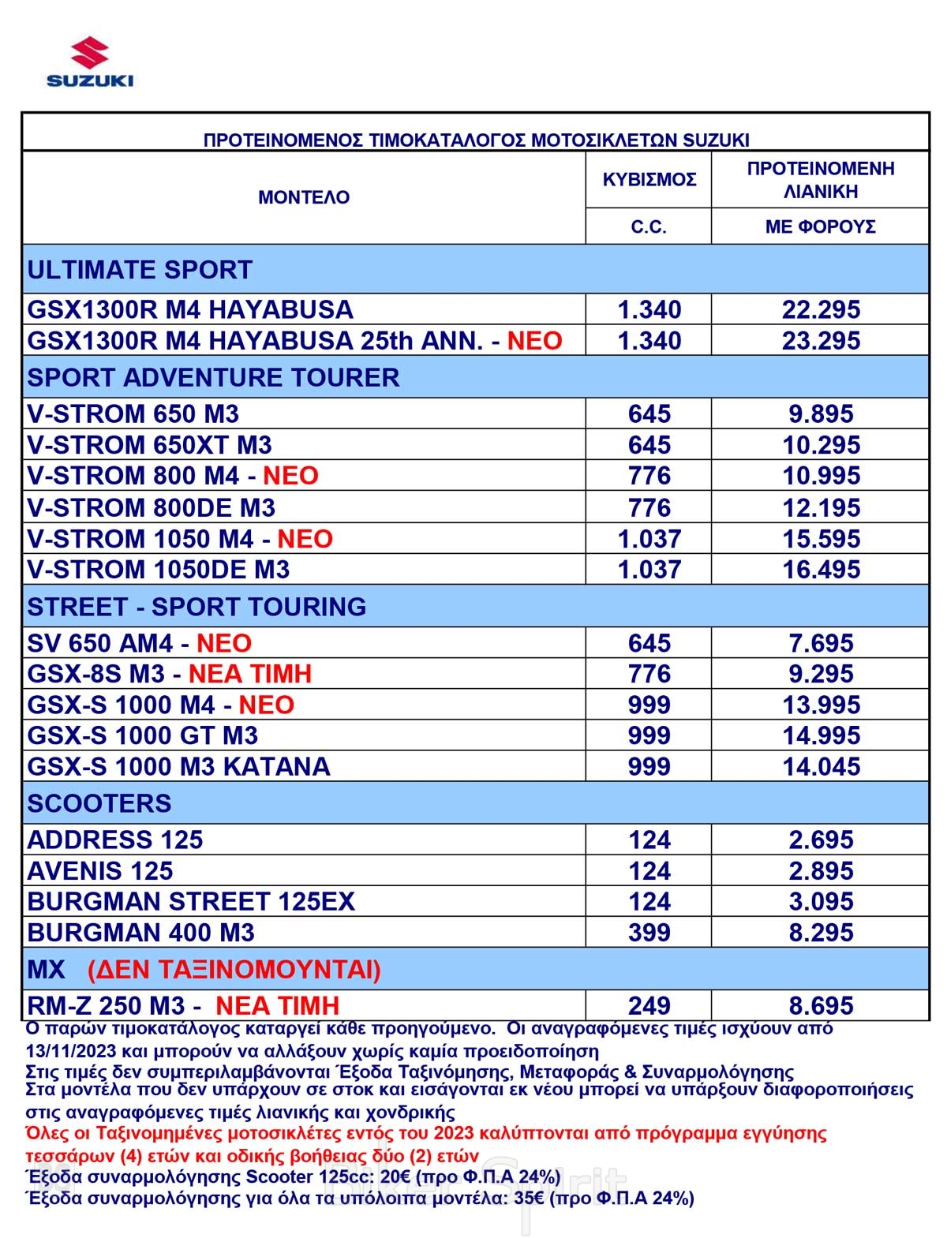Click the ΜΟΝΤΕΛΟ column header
tap(304, 197)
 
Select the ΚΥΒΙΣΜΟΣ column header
tap(649, 179)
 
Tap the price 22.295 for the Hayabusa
tap(821, 309)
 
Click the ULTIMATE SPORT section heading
tap(140, 270)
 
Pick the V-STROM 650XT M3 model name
tap(149, 445)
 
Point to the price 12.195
tap(821, 507)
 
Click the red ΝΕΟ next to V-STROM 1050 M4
tap(305, 539)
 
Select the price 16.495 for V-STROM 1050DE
tap(821, 570)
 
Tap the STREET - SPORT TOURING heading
tap(197, 607)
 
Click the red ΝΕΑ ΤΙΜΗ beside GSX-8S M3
tap(250, 674)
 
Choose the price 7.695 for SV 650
tap(821, 643)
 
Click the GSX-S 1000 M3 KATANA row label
tap(178, 766)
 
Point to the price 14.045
tap(821, 766)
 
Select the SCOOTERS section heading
tap(99, 803)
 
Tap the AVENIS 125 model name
tap(100, 871)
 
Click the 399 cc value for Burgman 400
tap(649, 933)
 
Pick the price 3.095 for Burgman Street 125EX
tap(821, 902)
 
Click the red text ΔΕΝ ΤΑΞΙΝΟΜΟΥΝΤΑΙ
tap(234, 969)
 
